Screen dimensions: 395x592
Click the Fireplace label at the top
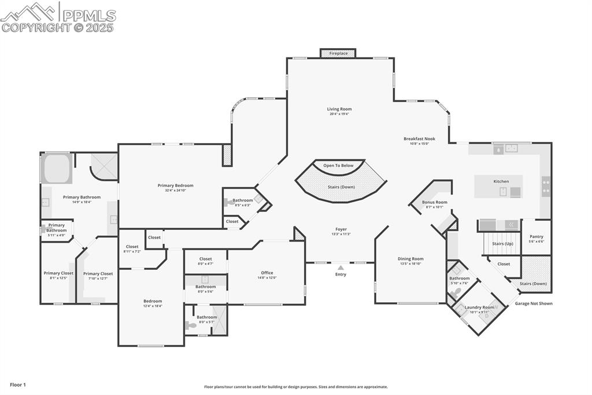point(339,53)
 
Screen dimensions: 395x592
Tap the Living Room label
point(339,109)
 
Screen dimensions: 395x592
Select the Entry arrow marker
point(341,268)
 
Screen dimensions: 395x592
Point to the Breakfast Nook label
point(419,139)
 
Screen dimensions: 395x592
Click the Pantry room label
point(536,236)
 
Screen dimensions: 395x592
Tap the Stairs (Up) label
point(502,244)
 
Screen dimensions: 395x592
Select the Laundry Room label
point(479,308)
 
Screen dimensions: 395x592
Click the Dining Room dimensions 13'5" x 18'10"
point(410,263)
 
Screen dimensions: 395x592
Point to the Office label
point(267,273)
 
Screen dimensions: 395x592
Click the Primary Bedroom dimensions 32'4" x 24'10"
point(175,190)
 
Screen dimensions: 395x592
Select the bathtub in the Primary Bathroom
point(57,169)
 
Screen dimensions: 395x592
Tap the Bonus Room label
point(435,202)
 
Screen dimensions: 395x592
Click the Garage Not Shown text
point(534,303)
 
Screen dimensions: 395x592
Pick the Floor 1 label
point(17,385)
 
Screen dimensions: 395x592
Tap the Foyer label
point(341,229)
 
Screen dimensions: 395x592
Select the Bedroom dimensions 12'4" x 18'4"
point(153,306)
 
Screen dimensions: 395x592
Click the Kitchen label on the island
point(501,181)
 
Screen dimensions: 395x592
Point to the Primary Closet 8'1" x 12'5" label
point(58,273)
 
